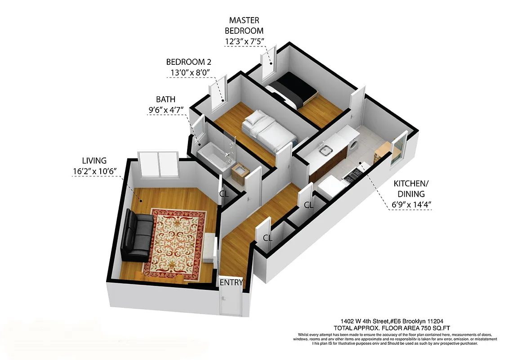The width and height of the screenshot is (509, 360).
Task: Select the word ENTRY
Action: [231, 283]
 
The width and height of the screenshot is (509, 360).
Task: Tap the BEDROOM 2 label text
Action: [188, 62]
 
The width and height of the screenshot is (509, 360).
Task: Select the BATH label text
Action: [165, 99]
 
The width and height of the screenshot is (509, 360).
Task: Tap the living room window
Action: [159, 164]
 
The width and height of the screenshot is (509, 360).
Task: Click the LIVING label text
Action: [94, 160]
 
